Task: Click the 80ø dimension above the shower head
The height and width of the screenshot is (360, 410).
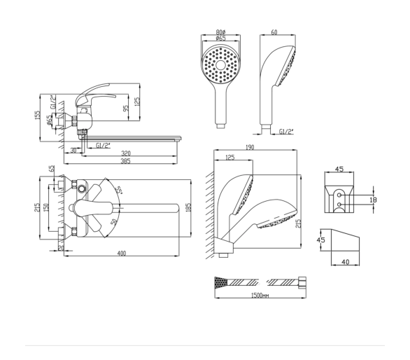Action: (220, 32)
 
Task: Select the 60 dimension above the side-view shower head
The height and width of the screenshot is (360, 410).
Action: (274, 32)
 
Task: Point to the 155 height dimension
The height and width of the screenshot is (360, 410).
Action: (38, 115)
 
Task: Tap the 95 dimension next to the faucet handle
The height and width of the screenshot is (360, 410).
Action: (126, 108)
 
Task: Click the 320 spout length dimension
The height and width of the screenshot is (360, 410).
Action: (126, 153)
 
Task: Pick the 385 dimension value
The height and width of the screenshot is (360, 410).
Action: (125, 161)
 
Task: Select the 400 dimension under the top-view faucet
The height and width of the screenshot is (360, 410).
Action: (122, 253)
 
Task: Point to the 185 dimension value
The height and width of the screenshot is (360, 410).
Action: (190, 207)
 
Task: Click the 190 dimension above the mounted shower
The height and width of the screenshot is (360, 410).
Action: (250, 147)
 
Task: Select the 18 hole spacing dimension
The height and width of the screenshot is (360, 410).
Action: (374, 200)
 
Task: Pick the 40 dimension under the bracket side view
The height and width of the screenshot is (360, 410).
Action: (346, 262)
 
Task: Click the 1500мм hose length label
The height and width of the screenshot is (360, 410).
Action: (260, 296)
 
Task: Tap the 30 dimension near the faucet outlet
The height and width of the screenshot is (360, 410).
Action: (73, 151)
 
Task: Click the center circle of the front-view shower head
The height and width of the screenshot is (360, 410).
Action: (220, 65)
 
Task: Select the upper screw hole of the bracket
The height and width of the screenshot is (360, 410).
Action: (339, 195)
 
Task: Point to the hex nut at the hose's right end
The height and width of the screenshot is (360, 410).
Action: (302, 283)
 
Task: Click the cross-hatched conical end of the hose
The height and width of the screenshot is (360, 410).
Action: (221, 283)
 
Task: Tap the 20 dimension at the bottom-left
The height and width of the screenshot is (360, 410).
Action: (61, 248)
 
